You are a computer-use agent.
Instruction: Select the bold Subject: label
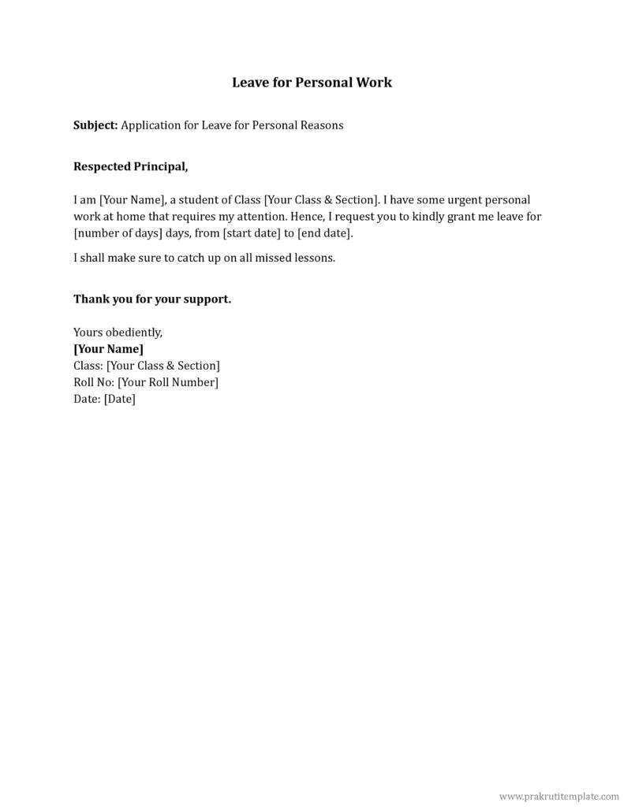pyautogui.click(x=95, y=125)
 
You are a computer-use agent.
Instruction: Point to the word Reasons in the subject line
pyautogui.click(x=321, y=125)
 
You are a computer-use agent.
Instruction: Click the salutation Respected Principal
pyautogui.click(x=131, y=167)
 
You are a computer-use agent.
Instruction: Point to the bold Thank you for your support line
pyautogui.click(x=152, y=299)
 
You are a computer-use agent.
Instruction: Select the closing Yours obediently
pyautogui.click(x=118, y=333)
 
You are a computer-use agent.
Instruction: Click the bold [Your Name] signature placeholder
pyautogui.click(x=108, y=349)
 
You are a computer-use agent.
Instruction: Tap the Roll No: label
pyautogui.click(x=94, y=382)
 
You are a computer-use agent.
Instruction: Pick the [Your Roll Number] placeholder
pyautogui.click(x=168, y=382)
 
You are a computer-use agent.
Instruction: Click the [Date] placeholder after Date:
pyautogui.click(x=120, y=399)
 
